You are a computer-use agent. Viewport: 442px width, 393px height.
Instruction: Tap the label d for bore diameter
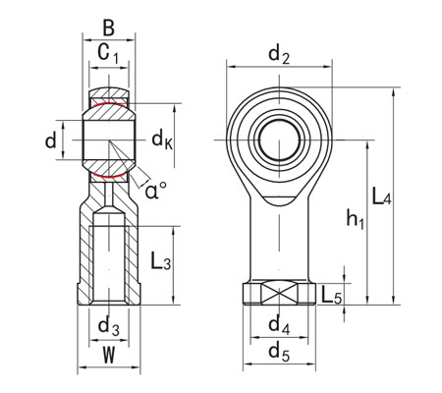coord(51,140)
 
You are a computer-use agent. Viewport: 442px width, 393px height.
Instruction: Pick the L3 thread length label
coord(162,263)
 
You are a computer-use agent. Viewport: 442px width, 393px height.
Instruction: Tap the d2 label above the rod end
coord(279,54)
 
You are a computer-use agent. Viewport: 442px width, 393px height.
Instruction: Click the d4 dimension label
coord(280,324)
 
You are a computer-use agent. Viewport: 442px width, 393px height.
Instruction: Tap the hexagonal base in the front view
coord(280,293)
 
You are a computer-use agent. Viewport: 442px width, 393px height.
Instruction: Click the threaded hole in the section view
coord(108,260)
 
